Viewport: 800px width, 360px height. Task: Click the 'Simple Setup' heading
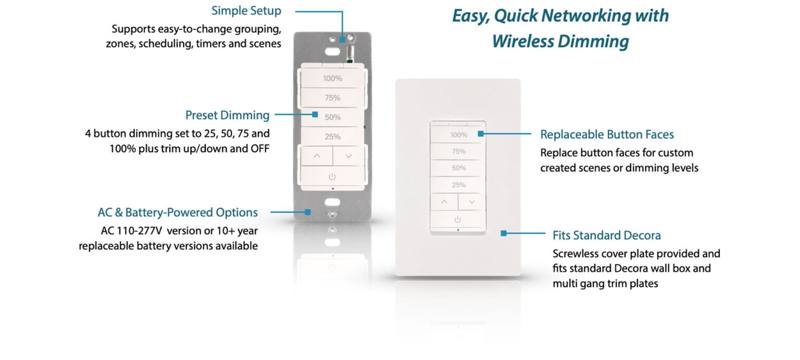coord(246,11)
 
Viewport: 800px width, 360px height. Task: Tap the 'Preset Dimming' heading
coord(227,115)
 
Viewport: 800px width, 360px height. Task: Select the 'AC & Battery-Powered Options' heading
coord(178,213)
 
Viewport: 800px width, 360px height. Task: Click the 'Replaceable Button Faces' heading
coord(607,134)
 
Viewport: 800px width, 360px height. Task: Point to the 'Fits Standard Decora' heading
coord(606,235)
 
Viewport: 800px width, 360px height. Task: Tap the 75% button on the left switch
coord(332,98)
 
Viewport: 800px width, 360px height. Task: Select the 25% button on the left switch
coord(332,137)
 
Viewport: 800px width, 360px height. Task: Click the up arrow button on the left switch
coord(317,156)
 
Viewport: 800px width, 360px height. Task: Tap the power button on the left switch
coord(332,177)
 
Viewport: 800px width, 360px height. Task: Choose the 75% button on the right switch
coord(458,152)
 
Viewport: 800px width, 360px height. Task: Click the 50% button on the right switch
coord(458,168)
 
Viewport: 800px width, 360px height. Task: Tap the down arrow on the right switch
coord(472,202)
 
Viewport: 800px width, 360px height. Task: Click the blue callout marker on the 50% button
coord(315,114)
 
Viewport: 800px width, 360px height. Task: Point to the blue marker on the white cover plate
coord(503,233)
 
